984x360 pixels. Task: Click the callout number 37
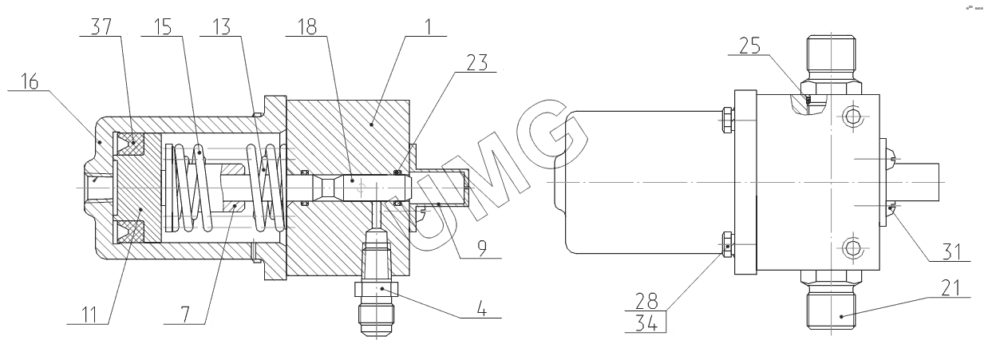click(101, 27)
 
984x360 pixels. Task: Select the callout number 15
click(163, 27)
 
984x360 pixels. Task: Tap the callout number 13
click(221, 27)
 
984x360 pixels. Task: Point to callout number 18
click(307, 27)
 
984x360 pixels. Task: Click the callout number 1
click(428, 27)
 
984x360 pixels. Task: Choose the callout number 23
click(477, 62)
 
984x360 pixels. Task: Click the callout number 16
click(30, 81)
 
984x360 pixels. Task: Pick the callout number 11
click(89, 315)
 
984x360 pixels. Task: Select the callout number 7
click(185, 315)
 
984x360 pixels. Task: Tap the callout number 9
click(482, 249)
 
